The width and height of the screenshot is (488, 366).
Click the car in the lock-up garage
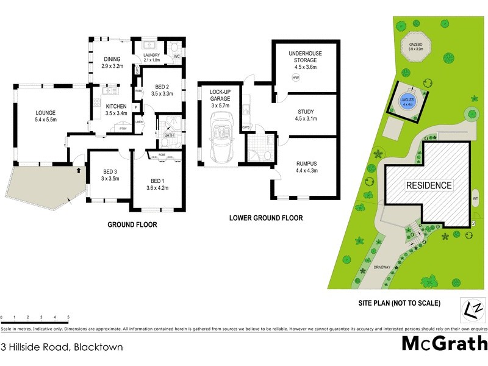click(218, 137)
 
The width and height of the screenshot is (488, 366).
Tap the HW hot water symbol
click(296, 79)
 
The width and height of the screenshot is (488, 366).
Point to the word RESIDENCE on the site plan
click(429, 185)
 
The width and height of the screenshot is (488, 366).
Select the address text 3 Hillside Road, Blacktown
click(62, 347)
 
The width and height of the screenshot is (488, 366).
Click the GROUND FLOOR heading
click(132, 224)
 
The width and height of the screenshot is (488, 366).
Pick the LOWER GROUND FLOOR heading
click(265, 218)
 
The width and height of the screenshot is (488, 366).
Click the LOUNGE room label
click(46, 116)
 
